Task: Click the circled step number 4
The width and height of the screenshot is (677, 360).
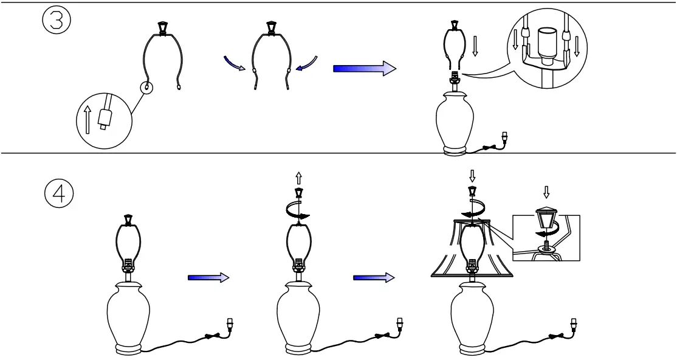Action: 58,195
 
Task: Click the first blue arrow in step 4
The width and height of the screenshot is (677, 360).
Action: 208,277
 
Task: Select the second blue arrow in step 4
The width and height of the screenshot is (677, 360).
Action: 373,277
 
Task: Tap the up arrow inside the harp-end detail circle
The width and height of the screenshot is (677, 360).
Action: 88,120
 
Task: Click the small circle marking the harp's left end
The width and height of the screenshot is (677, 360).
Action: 147,88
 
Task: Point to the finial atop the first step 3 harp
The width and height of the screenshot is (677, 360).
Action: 162,28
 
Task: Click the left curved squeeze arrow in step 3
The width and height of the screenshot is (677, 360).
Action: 233,61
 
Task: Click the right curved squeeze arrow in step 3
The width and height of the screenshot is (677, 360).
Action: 308,61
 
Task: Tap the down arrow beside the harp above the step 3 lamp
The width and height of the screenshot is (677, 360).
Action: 475,46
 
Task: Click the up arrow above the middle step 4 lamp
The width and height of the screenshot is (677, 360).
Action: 298,178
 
